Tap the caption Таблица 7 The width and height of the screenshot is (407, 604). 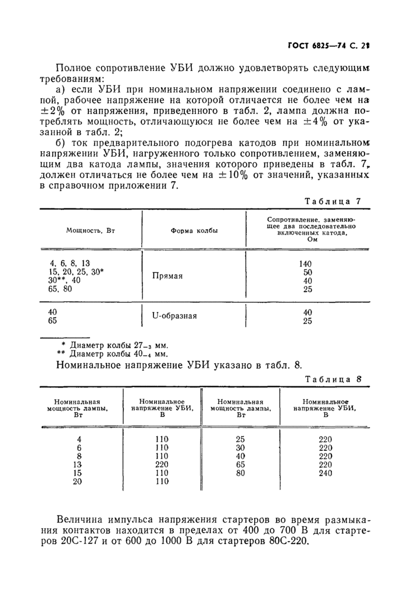click(x=334, y=201)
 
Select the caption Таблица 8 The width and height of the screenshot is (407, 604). click(x=334, y=378)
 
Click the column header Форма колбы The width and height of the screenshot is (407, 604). click(x=194, y=231)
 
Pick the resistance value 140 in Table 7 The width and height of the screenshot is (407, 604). click(x=305, y=263)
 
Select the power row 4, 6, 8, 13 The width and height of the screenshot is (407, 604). click(x=70, y=263)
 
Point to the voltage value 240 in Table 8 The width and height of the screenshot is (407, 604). click(x=326, y=473)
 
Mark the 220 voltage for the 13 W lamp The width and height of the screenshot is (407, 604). click(x=162, y=465)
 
